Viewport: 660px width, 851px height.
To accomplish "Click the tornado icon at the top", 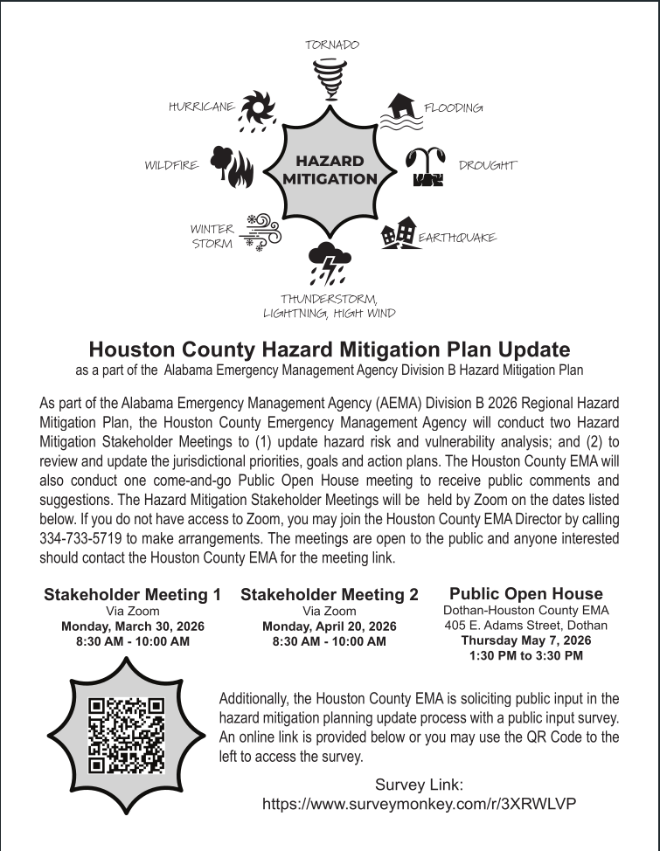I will click(330, 77).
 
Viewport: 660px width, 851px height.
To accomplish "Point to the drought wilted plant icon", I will click(428, 167).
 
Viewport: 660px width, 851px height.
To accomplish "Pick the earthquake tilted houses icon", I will click(399, 233).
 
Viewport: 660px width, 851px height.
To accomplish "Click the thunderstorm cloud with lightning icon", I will click(330, 264).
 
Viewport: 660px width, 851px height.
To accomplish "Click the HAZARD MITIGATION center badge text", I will click(330, 170).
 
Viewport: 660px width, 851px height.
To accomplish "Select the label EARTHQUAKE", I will click(456, 238).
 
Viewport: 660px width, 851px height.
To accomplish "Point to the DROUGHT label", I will click(488, 165).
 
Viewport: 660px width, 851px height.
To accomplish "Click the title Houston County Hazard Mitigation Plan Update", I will click(330, 350).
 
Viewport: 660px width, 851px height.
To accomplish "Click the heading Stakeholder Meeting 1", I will click(132, 595).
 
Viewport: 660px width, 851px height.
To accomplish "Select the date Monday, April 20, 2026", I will click(329, 626).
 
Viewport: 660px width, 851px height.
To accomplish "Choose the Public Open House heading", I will click(525, 594).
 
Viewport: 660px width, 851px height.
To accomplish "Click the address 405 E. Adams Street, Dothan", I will click(525, 626).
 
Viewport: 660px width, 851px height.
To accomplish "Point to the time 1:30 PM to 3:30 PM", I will click(525, 655).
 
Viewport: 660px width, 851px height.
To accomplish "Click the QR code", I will click(127, 734).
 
